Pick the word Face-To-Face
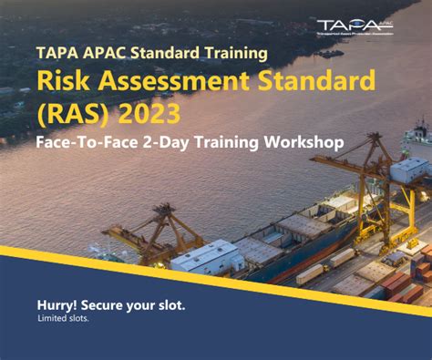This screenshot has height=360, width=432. point(83,143)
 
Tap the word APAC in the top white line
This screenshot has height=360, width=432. point(100,53)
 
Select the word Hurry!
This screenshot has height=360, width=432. point(60,305)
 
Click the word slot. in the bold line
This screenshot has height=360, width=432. point(168,305)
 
